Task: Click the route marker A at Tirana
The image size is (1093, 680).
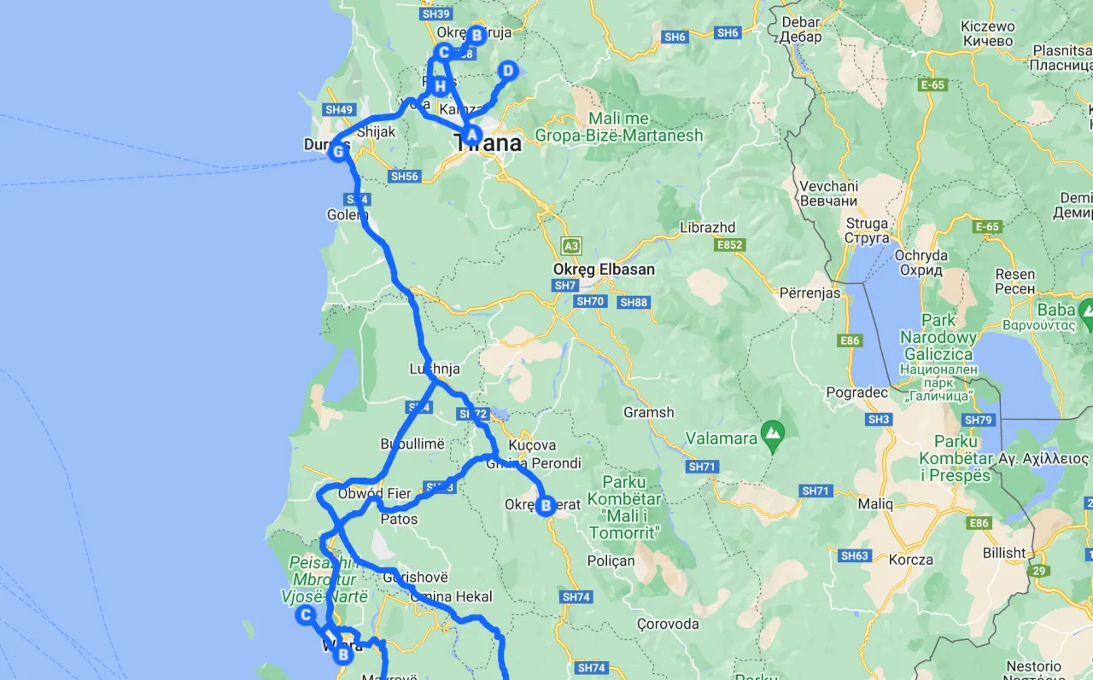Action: click(x=471, y=133)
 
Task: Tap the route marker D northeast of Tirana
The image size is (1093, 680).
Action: click(x=507, y=70)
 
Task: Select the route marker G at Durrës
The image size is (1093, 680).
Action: click(x=338, y=152)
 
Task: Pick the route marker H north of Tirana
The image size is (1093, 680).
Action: click(x=440, y=86)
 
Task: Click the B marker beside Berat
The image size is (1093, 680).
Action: click(x=546, y=506)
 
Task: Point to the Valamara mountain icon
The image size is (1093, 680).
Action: click(x=774, y=433)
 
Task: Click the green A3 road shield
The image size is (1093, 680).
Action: click(x=571, y=246)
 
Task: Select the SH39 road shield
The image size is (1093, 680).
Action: click(x=435, y=14)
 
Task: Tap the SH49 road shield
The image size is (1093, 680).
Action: click(x=339, y=109)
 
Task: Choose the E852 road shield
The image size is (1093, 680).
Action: click(x=731, y=245)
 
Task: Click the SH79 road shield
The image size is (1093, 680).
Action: click(x=978, y=420)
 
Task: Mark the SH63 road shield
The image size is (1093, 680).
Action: click(x=855, y=555)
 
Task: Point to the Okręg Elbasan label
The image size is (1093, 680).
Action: click(x=604, y=270)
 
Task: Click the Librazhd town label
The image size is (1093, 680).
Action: click(x=708, y=228)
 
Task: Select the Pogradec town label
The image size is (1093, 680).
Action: click(x=856, y=392)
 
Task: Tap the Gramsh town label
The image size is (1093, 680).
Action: click(x=649, y=412)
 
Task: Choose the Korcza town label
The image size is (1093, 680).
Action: click(x=911, y=561)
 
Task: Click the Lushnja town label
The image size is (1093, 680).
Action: click(x=435, y=369)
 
